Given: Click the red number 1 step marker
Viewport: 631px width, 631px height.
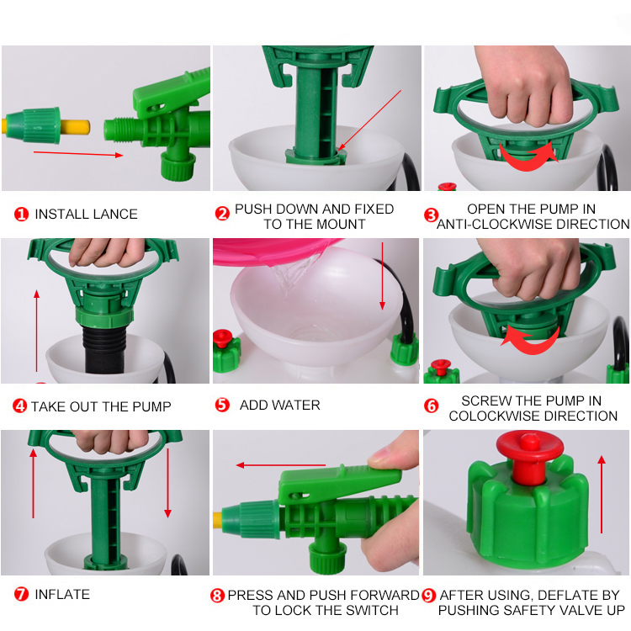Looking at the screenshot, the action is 21,214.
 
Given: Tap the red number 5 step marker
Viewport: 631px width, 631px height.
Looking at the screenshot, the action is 222,405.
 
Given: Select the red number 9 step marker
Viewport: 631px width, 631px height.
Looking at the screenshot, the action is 429,596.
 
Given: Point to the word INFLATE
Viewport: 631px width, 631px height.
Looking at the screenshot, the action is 62,594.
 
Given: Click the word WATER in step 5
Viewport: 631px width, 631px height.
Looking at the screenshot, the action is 298,405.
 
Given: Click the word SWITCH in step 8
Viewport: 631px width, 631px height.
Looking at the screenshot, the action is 372,611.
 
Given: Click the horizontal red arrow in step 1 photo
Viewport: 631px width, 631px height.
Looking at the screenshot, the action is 78,154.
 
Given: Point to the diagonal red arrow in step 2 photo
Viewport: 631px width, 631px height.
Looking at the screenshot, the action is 369,120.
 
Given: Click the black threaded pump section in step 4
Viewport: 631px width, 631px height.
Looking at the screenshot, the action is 103,349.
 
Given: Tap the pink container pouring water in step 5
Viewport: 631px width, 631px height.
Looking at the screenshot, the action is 273,252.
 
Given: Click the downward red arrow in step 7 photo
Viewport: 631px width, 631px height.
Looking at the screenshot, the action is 167,483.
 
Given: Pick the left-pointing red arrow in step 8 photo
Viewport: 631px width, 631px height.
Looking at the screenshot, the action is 281,465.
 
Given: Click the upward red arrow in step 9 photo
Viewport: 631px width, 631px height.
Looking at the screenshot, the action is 602,495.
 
